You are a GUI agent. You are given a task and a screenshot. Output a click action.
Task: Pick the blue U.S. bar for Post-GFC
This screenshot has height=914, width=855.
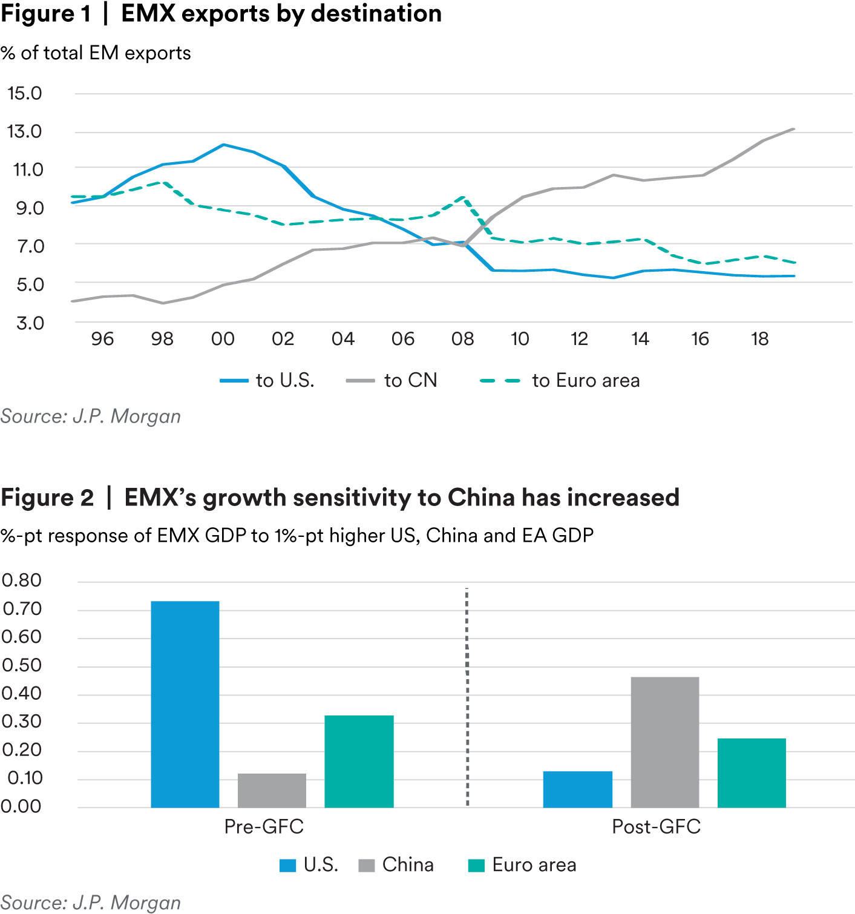[577, 789]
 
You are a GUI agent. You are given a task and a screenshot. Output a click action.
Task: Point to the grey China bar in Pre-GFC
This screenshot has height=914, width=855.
[272, 791]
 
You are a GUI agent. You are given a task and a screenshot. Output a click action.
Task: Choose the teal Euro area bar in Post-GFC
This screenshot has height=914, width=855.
[752, 773]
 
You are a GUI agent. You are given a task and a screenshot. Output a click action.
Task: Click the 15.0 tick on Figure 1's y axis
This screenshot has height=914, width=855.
[25, 93]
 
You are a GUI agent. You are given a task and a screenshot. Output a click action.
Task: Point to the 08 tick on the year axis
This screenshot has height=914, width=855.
[463, 339]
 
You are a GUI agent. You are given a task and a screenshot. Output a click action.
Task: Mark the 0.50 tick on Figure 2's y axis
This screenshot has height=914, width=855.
[22, 665]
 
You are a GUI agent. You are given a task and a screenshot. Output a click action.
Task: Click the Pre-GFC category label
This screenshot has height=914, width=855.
[264, 827]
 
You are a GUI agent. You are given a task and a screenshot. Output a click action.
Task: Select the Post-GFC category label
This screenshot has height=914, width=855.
[657, 827]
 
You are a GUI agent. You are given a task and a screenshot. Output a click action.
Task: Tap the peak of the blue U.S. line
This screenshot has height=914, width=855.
[223, 145]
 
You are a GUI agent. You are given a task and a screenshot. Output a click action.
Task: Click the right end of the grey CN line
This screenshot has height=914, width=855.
[793, 129]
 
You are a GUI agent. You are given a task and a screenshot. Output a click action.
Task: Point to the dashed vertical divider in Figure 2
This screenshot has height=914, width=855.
[467, 696]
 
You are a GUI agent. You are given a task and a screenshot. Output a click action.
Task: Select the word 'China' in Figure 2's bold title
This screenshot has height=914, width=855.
[482, 498]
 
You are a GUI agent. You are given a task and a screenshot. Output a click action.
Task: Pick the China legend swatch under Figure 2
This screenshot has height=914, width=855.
[367, 866]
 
